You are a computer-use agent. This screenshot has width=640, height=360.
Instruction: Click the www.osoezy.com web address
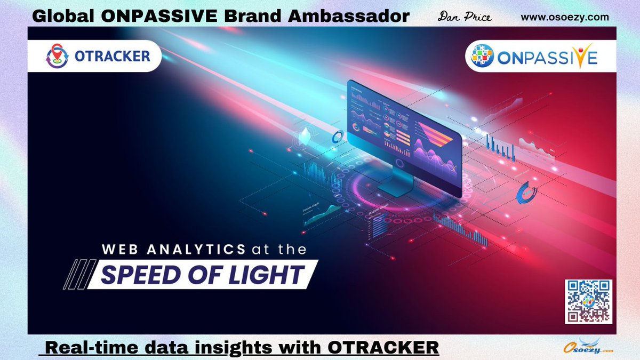564,17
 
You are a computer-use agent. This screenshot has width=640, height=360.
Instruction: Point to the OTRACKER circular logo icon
57,56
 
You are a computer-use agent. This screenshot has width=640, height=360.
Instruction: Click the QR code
588,301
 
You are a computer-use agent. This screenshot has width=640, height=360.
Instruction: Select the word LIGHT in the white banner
271,275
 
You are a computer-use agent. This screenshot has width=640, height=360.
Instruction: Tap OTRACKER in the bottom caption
383,348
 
